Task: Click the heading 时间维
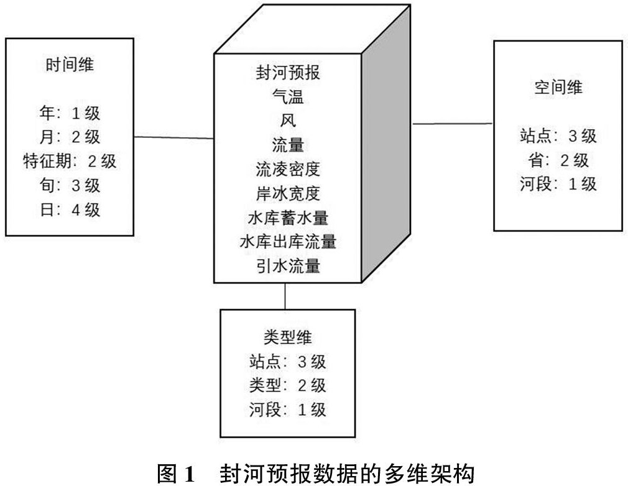[70, 65]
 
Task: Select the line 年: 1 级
[70, 113]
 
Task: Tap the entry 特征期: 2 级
[70, 162]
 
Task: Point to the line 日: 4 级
[70, 210]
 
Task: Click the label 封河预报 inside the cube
[288, 73]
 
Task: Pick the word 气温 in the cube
[288, 97]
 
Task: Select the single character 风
[288, 121]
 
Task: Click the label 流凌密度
[288, 169]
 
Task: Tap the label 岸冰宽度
[288, 193]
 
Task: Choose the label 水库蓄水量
[288, 218]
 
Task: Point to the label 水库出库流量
[288, 242]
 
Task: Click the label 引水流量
[288, 266]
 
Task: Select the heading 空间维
[558, 87]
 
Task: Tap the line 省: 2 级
[558, 160]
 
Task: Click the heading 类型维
[287, 337]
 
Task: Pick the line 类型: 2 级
[287, 385]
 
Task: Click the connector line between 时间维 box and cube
[174, 138]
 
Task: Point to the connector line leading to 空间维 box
[453, 124]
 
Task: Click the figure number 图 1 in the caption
[175, 474]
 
